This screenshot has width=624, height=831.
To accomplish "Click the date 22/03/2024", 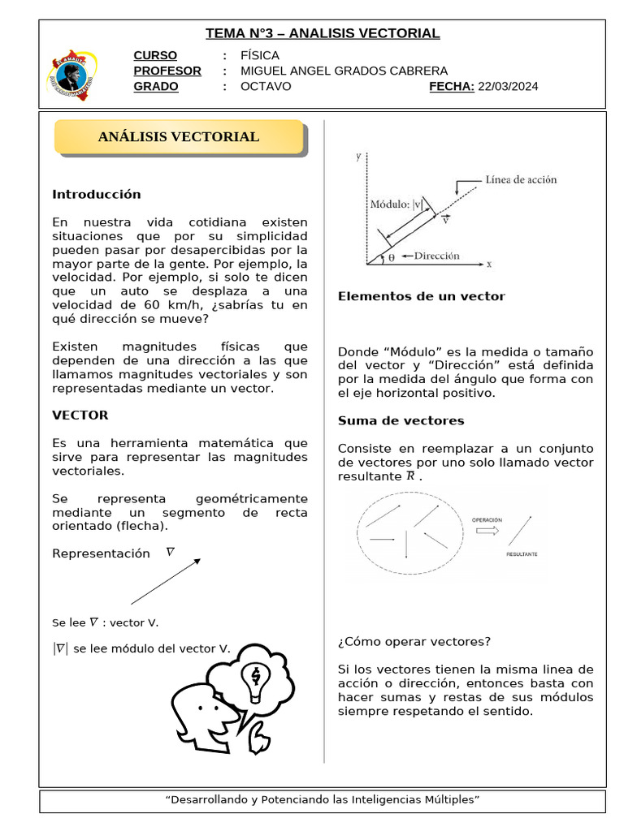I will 508,87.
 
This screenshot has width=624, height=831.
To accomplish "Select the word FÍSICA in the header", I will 260,55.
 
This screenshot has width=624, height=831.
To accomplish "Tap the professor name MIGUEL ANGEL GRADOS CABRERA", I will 344,71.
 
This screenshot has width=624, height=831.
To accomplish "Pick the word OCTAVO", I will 266,87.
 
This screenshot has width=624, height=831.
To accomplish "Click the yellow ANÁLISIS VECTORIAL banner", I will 179,137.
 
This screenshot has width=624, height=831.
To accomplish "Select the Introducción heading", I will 97,195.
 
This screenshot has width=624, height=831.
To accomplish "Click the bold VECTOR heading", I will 80,415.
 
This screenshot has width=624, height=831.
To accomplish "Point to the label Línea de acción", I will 521,179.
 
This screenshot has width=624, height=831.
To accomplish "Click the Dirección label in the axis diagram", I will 436,256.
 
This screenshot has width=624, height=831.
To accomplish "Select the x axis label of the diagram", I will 489,264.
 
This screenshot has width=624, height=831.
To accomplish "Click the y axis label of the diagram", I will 358,157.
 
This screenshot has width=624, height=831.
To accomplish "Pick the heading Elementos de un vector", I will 421,296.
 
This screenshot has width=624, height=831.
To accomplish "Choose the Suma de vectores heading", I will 401,420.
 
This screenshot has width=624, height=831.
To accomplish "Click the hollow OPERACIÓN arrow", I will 487,530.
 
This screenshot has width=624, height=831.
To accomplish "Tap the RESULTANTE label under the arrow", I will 521,554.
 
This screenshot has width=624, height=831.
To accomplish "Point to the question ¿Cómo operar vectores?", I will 414,641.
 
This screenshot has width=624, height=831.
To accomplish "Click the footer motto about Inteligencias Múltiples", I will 323,800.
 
